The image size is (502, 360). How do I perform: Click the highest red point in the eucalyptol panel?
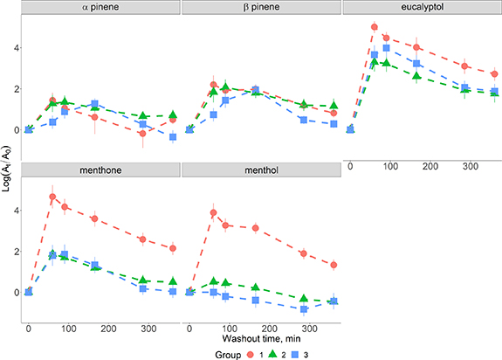pyautogui.click(x=375, y=27)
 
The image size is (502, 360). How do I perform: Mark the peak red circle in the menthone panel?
pyautogui.click(x=52, y=197)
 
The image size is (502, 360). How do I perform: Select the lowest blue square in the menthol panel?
pyautogui.click(x=304, y=309)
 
